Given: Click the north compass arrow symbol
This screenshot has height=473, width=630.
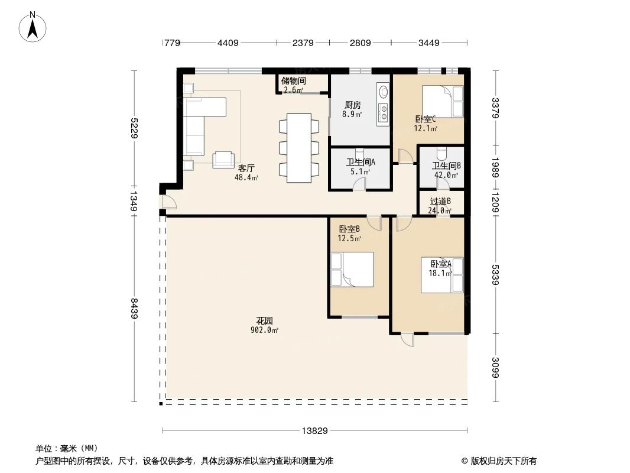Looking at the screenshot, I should (33, 27).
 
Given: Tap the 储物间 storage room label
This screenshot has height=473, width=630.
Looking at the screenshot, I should (293, 81).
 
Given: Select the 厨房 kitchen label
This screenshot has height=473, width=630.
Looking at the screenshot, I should (352, 105).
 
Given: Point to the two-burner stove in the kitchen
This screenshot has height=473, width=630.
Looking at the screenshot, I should (383, 111).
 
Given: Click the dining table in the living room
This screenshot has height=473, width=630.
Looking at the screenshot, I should (300, 146).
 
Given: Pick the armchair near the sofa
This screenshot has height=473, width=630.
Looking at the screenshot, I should (223, 158).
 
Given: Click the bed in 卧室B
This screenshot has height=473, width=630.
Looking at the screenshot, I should (352, 269).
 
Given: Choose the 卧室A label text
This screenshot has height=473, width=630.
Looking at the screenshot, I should (440, 264).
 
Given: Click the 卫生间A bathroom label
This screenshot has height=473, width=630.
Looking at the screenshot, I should (361, 162).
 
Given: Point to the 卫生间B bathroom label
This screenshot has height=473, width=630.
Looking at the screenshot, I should (446, 166).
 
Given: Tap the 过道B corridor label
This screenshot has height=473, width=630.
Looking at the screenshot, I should (440, 201).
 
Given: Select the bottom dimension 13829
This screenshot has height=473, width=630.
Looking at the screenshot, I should (314, 430).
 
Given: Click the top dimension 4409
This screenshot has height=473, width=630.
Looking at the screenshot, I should (228, 43).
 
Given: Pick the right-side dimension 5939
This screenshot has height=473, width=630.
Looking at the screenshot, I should (495, 275).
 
